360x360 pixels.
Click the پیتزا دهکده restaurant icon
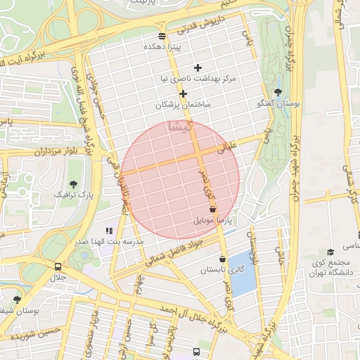pos(162,35)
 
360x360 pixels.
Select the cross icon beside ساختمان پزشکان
pos(183,94)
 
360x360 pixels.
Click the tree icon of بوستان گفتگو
pos(278,92)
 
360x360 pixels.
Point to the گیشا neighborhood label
pos(179,127)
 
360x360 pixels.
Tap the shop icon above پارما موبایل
pos(212,209)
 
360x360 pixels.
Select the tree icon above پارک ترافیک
pos(75,183)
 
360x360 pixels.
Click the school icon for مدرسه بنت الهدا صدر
pos(109,230)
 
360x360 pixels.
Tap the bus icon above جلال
pos(57,266)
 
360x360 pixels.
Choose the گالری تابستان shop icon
pos(222,259)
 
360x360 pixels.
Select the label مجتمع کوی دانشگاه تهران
pos(330,268)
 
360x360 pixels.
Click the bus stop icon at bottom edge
pos(196,352)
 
